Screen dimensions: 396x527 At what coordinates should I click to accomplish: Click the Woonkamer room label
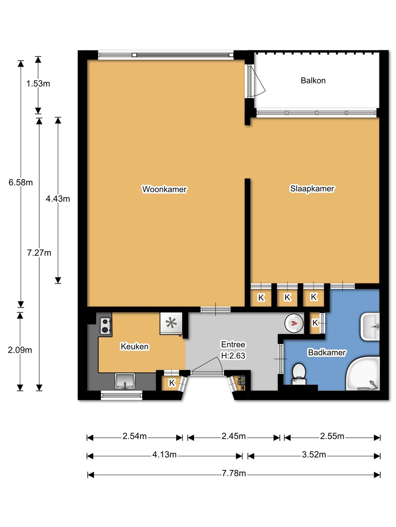[164, 189]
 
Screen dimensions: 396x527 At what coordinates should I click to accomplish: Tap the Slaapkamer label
[312, 188]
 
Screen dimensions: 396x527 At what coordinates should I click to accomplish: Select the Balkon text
[313, 81]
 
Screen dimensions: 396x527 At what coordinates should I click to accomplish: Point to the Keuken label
[135, 347]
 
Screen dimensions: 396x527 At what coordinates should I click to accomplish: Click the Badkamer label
[327, 352]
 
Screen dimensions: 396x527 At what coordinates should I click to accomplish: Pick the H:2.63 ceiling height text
[233, 356]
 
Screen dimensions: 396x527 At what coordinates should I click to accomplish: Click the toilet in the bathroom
[299, 374]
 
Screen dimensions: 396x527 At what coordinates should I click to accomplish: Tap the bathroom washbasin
[370, 326]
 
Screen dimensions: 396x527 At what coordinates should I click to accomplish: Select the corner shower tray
[363, 374]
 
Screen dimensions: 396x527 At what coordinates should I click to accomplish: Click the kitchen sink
[125, 381]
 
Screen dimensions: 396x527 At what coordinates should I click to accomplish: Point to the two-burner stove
[106, 326]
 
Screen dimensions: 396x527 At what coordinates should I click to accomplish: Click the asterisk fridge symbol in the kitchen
[171, 323]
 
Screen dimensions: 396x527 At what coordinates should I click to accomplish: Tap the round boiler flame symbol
[294, 323]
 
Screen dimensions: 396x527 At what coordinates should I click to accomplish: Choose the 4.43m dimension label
[58, 199]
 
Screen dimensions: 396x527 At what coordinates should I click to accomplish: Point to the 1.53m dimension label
[38, 83]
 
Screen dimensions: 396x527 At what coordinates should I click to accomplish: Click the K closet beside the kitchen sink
[172, 383]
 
